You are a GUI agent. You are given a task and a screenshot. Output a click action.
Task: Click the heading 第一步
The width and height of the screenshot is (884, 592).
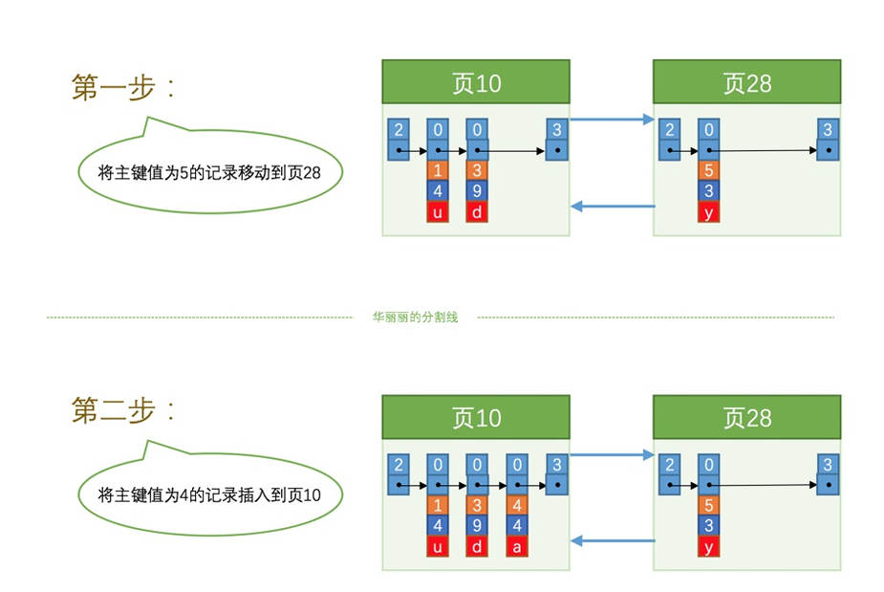(123, 87)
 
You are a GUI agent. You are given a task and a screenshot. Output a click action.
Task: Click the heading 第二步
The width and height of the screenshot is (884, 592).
(123, 410)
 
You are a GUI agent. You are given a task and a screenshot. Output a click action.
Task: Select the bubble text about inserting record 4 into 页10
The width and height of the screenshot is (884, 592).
(208, 494)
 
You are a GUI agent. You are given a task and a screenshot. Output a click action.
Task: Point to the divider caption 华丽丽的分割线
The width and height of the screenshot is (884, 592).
(415, 317)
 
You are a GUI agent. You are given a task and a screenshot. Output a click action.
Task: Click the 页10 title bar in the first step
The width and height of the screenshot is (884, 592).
(476, 83)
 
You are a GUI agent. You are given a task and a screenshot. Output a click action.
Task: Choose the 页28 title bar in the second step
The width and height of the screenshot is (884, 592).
(746, 418)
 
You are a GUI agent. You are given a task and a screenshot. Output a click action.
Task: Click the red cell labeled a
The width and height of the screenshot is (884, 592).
(517, 546)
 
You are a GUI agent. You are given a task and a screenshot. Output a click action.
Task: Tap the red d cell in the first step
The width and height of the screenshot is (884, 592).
(477, 212)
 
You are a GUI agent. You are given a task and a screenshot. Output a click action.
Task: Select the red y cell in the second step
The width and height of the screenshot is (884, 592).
(708, 546)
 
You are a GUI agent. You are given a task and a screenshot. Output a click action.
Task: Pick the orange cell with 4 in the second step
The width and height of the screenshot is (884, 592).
(517, 505)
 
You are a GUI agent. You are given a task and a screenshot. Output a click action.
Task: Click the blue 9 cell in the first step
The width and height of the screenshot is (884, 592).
(477, 191)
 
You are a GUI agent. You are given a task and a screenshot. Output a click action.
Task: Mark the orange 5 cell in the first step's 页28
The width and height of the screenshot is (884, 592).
(708, 171)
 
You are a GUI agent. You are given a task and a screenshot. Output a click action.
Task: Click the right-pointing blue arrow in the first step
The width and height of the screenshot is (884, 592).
(612, 120)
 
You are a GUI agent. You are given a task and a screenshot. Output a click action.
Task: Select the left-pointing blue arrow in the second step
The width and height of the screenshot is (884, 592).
(612, 540)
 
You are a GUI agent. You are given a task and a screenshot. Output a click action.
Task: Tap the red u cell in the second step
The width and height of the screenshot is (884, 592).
(437, 546)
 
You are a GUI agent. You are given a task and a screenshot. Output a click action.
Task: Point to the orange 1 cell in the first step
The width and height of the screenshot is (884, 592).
(437, 171)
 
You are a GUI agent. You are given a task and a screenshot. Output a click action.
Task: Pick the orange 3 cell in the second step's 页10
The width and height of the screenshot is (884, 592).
(477, 505)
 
